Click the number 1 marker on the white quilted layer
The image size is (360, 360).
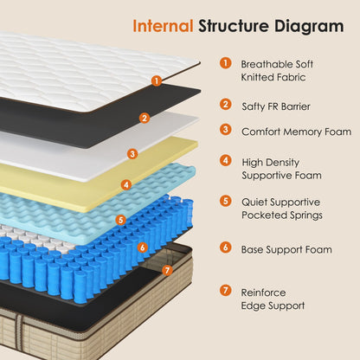point(157,80)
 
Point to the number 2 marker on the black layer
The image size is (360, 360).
point(145,117)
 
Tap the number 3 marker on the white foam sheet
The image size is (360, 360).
point(132,154)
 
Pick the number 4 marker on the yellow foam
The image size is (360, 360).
point(126,183)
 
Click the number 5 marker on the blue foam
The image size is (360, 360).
point(120,220)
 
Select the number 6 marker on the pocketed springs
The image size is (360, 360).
point(143,247)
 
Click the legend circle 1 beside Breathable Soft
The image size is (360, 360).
point(226,63)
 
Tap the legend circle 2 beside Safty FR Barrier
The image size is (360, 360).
point(226,105)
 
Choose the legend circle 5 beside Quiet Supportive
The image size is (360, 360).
point(226,201)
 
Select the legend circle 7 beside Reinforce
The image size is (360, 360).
point(226,291)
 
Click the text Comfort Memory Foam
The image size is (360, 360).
point(296,132)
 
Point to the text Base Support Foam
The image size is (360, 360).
point(286,249)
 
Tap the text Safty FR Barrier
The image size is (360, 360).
point(276,106)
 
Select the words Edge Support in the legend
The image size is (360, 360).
point(273,305)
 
